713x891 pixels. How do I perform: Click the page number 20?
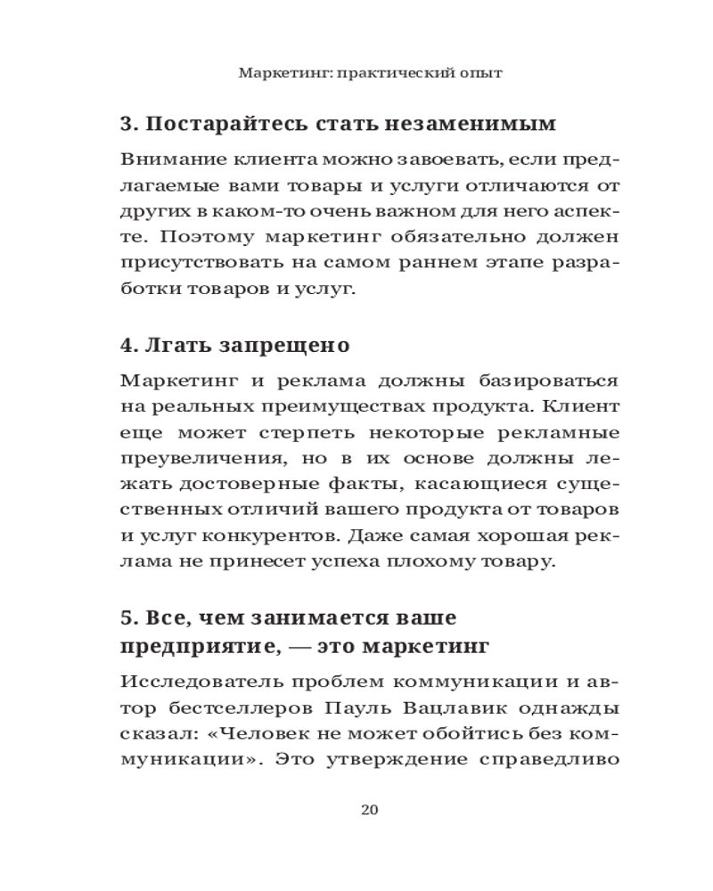[x=370, y=810]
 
